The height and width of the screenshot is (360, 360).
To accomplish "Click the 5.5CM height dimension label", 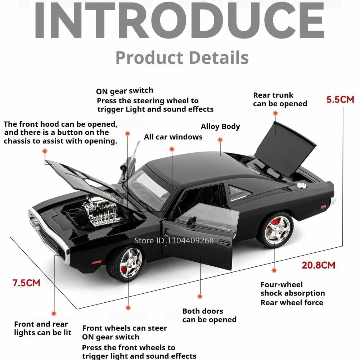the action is (x=340, y=100).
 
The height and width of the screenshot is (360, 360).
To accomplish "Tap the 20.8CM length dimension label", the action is (x=319, y=265).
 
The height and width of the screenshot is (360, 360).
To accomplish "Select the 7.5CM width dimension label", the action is (x=26, y=283).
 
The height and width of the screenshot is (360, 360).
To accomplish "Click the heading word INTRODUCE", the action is (x=180, y=21).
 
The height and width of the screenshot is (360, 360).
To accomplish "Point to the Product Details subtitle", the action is (x=182, y=57).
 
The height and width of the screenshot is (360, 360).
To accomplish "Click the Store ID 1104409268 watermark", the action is (x=174, y=240).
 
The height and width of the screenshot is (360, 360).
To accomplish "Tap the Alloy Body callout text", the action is (x=220, y=126).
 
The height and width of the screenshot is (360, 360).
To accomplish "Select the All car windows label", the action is (x=173, y=137).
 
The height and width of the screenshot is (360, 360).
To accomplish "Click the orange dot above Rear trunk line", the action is (x=275, y=113).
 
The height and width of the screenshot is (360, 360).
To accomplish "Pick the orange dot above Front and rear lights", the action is (x=54, y=314).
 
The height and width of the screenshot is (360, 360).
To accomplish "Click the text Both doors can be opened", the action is (x=210, y=315).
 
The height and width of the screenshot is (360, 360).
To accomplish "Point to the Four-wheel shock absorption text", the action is (x=293, y=289).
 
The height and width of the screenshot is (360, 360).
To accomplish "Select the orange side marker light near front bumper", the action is (x=96, y=262).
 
